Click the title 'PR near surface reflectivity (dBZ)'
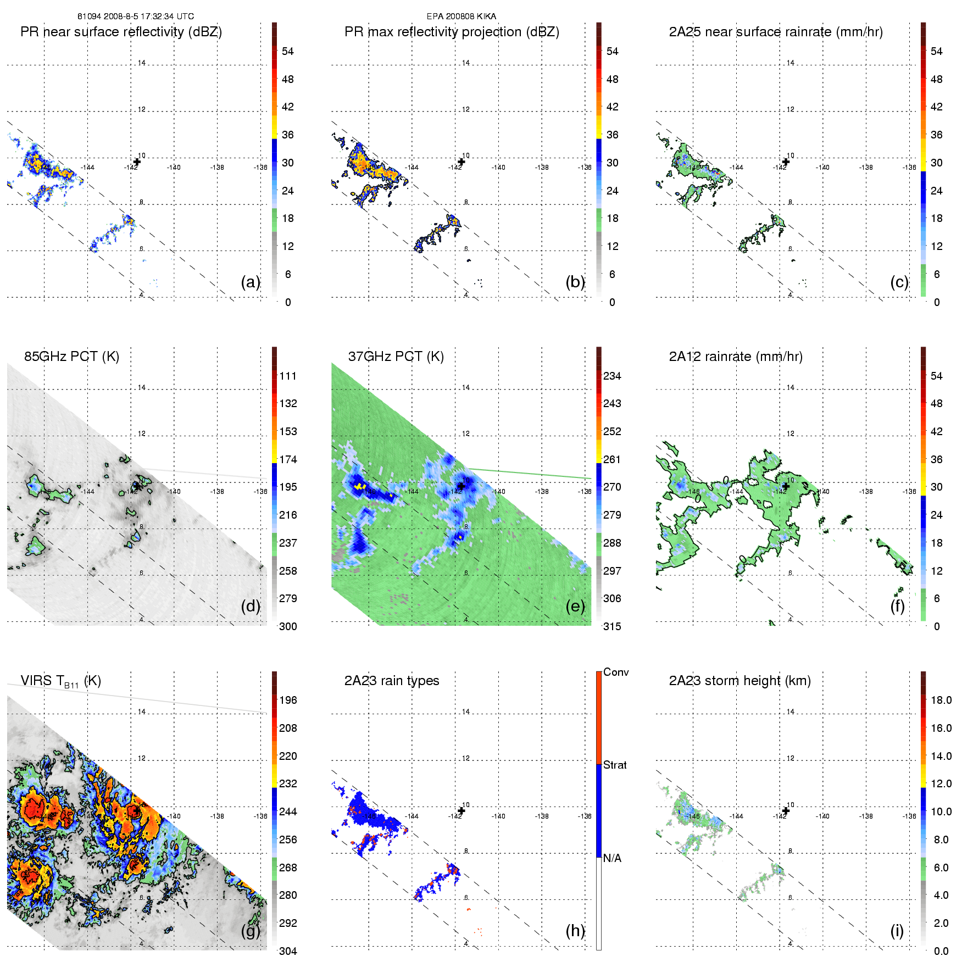[x=121, y=32]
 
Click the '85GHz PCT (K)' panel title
[x=71, y=357]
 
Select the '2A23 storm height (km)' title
[x=740, y=681]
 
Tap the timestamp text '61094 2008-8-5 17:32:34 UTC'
[x=135, y=16]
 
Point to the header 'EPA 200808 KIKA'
[x=461, y=16]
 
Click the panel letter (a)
[x=251, y=282]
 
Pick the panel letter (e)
[x=575, y=606]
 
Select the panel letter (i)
[x=897, y=931]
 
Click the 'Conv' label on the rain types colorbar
[x=616, y=672]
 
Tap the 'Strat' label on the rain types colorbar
[x=615, y=765]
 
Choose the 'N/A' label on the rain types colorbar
[x=612, y=858]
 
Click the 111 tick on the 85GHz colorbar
[x=288, y=376]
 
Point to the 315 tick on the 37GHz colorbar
[x=612, y=626]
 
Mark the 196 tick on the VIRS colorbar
[x=288, y=700]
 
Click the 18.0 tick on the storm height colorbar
[x=941, y=700]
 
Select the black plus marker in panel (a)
[x=137, y=162]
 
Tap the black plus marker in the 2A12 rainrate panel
[x=786, y=486]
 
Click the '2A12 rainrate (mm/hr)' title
[x=736, y=357]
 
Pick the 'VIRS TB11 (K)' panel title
[x=60, y=681]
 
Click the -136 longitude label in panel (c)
[x=909, y=168]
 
